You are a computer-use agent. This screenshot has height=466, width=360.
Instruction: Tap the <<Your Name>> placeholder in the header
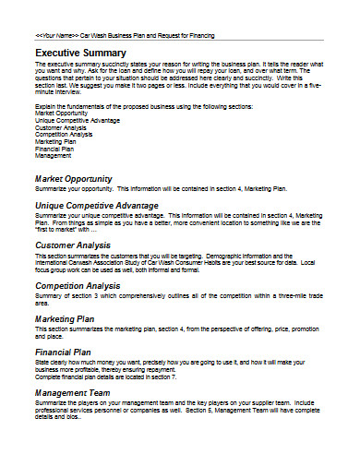click(x=56, y=35)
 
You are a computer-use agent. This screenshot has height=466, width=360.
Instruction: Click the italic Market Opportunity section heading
click(x=73, y=178)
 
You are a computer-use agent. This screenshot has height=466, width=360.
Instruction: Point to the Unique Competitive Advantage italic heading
click(x=96, y=205)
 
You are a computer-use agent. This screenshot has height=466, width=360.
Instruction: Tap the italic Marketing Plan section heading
click(x=66, y=318)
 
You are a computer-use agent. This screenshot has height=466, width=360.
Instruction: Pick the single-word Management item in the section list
click(x=52, y=157)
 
